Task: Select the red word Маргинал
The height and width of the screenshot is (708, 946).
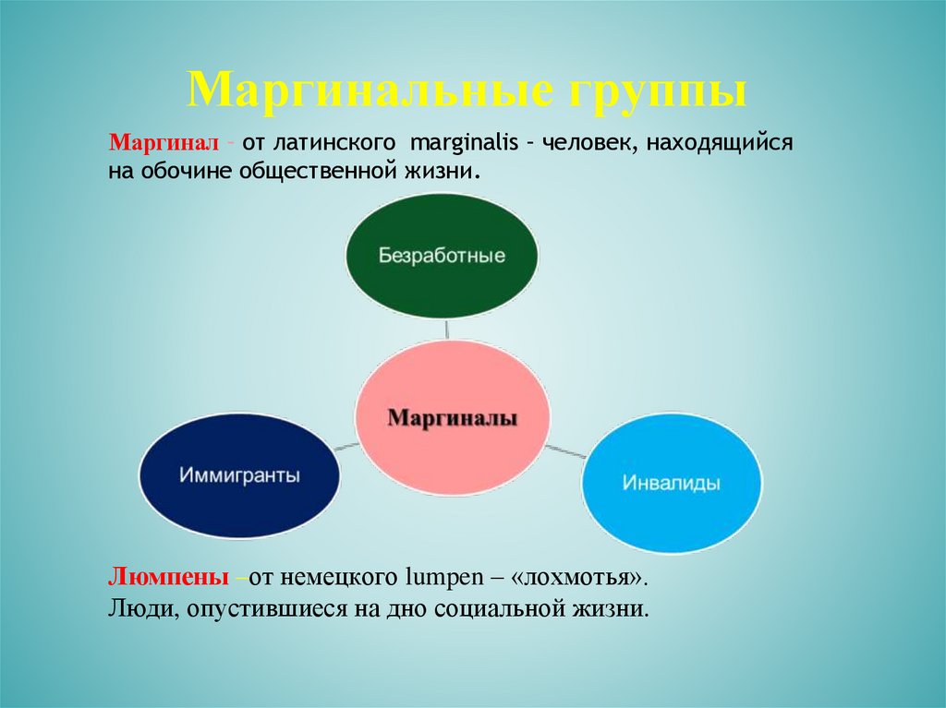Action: tap(163, 144)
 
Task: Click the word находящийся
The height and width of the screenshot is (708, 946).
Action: tap(720, 144)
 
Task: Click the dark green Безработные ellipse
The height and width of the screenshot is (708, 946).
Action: tap(442, 256)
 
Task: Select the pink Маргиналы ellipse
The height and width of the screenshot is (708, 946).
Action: tap(453, 418)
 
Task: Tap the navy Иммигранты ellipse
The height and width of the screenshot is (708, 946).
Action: tap(239, 476)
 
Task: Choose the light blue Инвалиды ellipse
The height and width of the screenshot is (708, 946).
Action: tap(672, 483)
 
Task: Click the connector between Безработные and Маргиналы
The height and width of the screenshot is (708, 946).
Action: tap(447, 329)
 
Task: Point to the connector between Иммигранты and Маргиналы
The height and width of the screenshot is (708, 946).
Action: tap(346, 446)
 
